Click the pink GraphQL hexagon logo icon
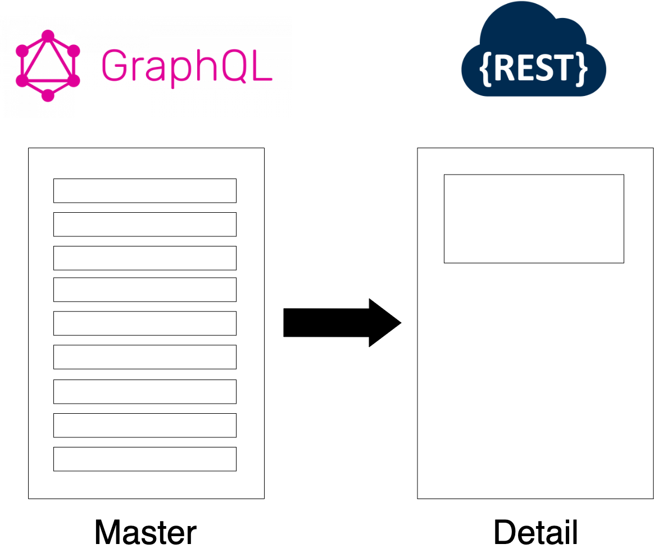(x=48, y=66)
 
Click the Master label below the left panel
(x=145, y=532)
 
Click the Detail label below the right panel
(x=535, y=532)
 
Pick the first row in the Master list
(x=144, y=190)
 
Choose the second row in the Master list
(x=144, y=224)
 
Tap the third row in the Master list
(x=144, y=258)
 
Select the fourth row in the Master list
(x=144, y=289)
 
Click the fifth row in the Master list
(x=144, y=323)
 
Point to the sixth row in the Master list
(x=144, y=357)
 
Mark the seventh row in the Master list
(x=144, y=391)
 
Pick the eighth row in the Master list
(x=144, y=425)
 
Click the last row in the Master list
(x=144, y=459)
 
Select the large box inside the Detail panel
(x=533, y=218)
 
